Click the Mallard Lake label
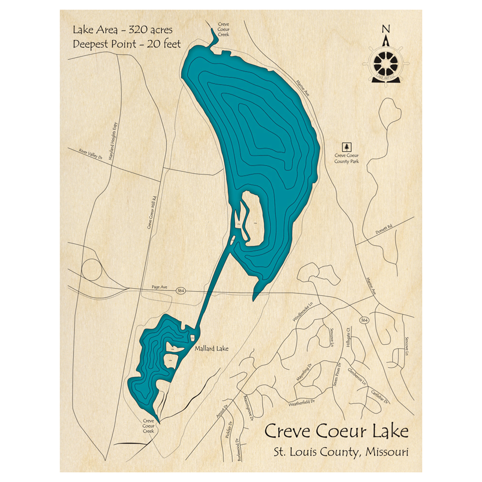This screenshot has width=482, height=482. (212, 348)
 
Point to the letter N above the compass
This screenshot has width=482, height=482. (386, 29)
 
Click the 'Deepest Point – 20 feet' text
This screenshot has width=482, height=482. (127, 44)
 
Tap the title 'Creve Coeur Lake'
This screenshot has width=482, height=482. (336, 430)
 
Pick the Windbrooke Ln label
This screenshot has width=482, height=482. (303, 312)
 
